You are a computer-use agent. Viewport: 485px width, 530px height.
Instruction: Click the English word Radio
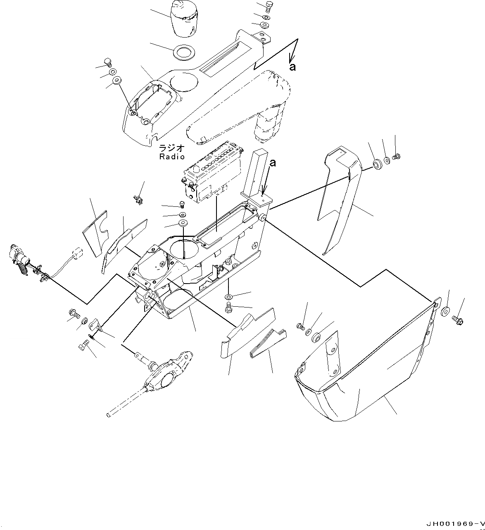point(172,157)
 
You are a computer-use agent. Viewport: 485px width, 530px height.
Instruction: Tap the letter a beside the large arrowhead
point(292,67)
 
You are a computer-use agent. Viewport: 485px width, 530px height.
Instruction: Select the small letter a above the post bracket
point(272,163)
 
